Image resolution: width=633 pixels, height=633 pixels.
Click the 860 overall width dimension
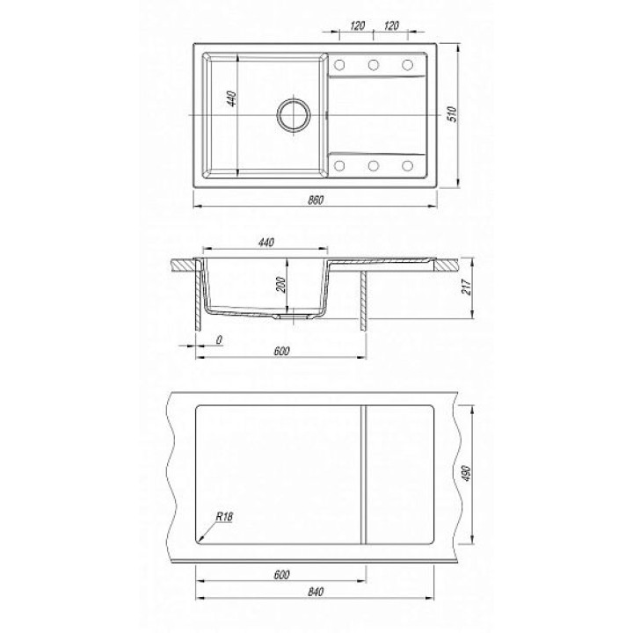316,200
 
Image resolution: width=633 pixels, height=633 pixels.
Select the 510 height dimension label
453,114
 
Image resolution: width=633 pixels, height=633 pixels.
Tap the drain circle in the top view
294,114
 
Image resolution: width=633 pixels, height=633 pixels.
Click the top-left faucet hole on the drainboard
339,64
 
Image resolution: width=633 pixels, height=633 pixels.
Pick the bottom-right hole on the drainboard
407,165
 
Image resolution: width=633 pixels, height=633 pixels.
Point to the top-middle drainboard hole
374,64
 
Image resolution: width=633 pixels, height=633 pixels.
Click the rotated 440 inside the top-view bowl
231,98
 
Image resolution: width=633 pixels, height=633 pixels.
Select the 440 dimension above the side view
266,243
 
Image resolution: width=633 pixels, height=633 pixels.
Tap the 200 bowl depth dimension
282,285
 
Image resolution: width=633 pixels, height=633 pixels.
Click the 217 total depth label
467,287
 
